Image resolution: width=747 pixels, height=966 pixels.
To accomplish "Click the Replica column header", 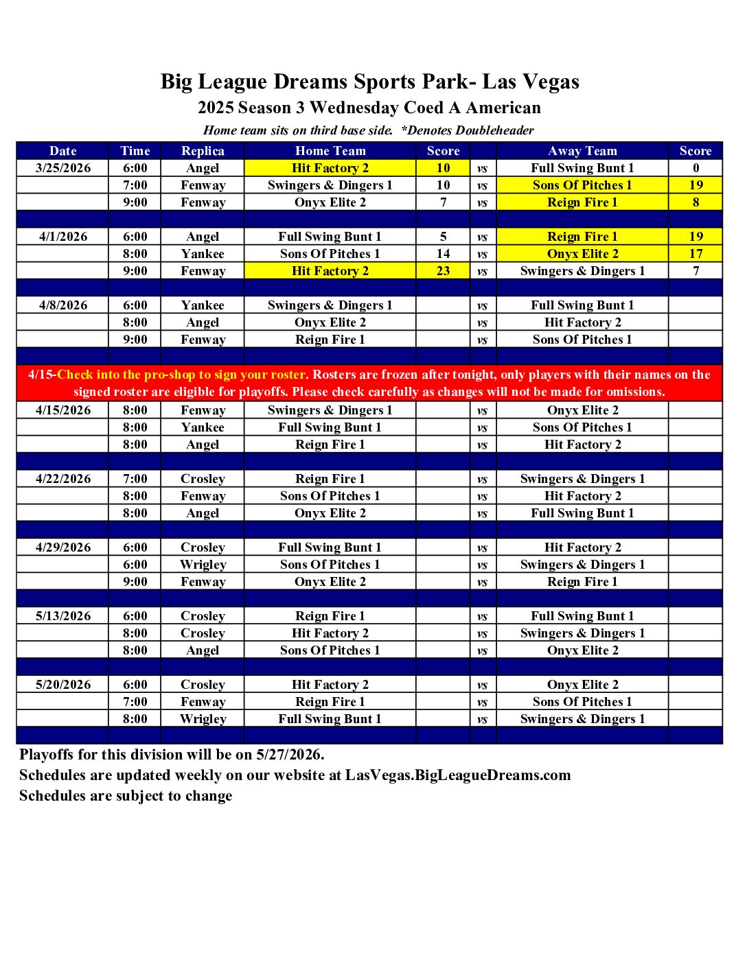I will point(203,151).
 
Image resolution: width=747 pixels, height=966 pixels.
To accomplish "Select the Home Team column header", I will point(330,151).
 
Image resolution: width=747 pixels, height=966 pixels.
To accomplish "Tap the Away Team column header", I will point(582,151).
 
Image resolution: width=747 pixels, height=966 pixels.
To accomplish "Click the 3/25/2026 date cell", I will point(63,168).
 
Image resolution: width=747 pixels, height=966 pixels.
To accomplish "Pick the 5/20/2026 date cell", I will point(63,685).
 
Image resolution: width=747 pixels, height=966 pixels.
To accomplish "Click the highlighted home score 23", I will point(443,271).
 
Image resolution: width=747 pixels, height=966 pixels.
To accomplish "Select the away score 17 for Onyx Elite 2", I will point(696,254).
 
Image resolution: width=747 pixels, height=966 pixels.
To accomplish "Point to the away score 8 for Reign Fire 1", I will point(696,202).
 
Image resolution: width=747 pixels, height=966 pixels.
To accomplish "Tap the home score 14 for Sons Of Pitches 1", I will point(443,254).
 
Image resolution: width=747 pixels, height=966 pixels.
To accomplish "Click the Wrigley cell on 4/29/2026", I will point(203,565).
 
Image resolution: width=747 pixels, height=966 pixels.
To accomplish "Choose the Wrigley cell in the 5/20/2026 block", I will point(203,719).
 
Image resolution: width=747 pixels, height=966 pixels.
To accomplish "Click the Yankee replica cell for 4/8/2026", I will point(203,305).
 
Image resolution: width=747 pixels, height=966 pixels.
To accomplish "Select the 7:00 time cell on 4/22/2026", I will point(135,479).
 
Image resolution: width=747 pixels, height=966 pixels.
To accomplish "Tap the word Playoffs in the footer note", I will point(46,755).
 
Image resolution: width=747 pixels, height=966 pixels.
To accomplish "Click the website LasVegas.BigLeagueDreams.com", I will point(458,775).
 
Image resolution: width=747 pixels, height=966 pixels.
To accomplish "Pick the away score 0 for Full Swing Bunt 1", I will point(696,168).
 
